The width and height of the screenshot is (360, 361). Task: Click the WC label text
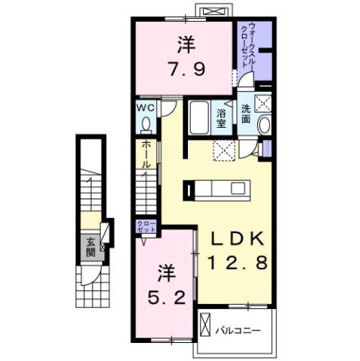[x=146, y=108]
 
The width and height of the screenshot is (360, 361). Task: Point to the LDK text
[x=235, y=239]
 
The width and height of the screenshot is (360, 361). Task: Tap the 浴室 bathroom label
[x=222, y=118]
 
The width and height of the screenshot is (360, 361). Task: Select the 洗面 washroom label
[x=246, y=113]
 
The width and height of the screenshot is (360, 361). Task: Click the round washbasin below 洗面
[x=264, y=125]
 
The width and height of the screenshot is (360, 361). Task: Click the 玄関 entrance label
[x=89, y=247]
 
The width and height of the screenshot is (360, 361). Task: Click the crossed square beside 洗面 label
[x=265, y=104]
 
